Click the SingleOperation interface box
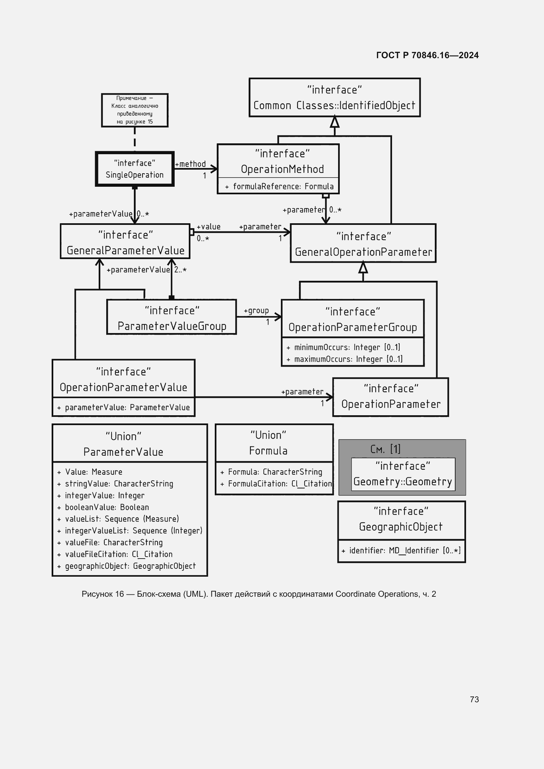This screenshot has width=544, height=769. pyautogui.click(x=135, y=169)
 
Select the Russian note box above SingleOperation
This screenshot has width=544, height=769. pyautogui.click(x=135, y=110)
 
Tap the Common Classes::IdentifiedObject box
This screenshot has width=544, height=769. pyautogui.click(x=334, y=97)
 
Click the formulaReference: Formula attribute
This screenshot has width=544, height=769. pyautogui.click(x=283, y=186)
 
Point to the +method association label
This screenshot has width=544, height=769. pyautogui.click(x=190, y=164)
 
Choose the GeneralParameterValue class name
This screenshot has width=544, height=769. pyautogui.click(x=125, y=250)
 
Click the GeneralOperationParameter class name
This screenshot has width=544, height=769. pyautogui.click(x=363, y=252)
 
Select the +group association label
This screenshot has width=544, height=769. pyautogui.click(x=256, y=310)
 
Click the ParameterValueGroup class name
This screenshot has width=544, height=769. pyautogui.click(x=172, y=326)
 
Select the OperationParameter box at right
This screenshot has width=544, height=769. pyautogui.click(x=391, y=397)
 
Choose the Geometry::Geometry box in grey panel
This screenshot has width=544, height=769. pyautogui.click(x=403, y=474)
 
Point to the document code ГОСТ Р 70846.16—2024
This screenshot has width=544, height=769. pyautogui.click(x=427, y=55)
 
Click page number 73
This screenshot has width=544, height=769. pyautogui.click(x=474, y=699)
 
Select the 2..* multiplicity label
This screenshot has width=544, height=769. pyautogui.click(x=180, y=270)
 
